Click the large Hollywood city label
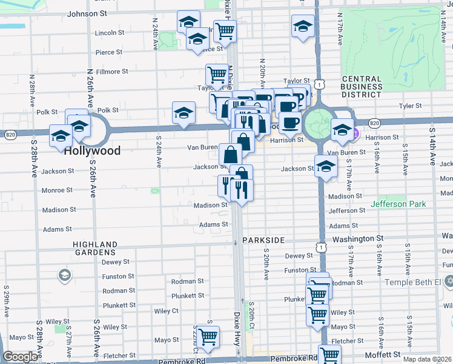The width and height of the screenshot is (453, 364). pos(92,150)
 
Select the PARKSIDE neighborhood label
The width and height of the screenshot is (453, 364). pos(263,240)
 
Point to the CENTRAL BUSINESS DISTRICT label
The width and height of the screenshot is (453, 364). pos(362,86)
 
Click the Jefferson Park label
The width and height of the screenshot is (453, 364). pos(399,204)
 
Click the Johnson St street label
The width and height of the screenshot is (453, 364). pos(87,13)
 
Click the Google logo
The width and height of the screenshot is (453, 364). pos(19,357)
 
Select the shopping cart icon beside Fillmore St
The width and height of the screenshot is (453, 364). pos(216,75)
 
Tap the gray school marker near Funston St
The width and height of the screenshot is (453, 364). pos(64,277)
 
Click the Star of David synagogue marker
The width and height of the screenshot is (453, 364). pos(449,281)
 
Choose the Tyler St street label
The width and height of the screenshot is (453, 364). pos(410,106)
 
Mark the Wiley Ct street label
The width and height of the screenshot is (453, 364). pos(166,311)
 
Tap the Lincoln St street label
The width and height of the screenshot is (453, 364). pos(110,33)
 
